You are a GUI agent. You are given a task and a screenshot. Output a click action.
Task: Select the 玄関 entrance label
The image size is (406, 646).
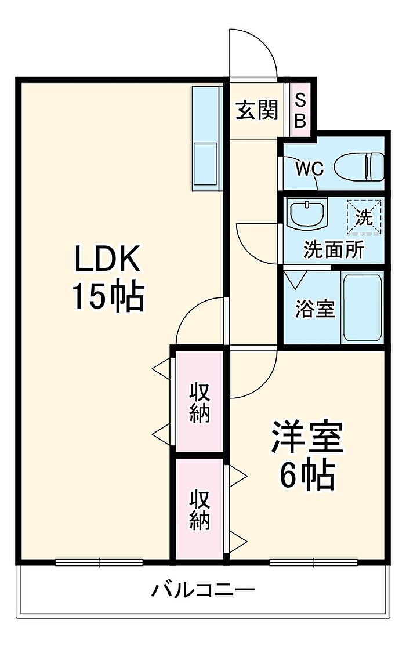point(256,110)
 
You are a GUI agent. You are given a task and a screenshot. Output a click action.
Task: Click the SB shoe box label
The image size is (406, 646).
point(300,110)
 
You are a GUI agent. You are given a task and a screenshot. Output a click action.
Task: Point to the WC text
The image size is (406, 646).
point(309,169)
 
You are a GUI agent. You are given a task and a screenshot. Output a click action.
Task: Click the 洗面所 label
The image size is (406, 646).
point(334,250)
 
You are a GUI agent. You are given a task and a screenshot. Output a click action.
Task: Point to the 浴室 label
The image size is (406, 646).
point(315,309)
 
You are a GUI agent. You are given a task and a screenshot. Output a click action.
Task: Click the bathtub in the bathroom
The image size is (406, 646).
point(362,307)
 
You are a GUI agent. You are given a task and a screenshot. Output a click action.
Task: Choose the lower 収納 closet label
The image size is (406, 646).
point(200,510)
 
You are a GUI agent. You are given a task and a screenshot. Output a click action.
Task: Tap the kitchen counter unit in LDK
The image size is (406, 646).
point(206,139)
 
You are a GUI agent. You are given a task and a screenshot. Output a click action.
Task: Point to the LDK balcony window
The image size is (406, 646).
point(99,562)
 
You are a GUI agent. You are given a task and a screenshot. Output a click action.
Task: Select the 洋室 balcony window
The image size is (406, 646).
point(314,562)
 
